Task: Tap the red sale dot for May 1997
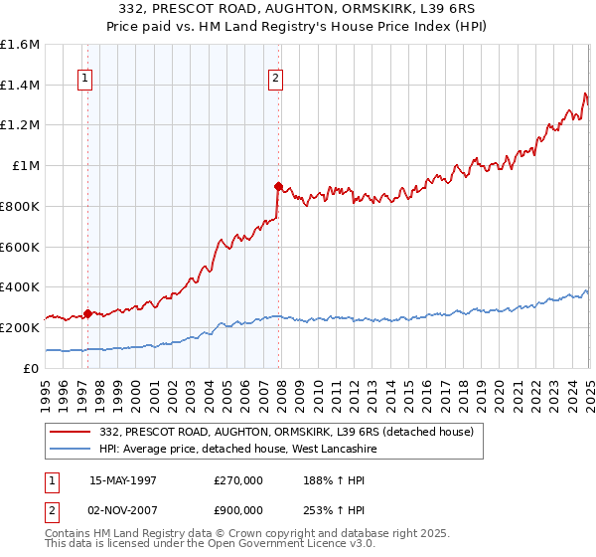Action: coord(87,313)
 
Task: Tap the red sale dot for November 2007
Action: coord(278,186)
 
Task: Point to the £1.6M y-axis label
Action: coord(20,45)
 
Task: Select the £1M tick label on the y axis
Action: coord(25,166)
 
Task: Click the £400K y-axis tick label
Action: coord(20,286)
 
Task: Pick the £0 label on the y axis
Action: coord(33,368)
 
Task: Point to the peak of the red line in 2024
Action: coord(585,94)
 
